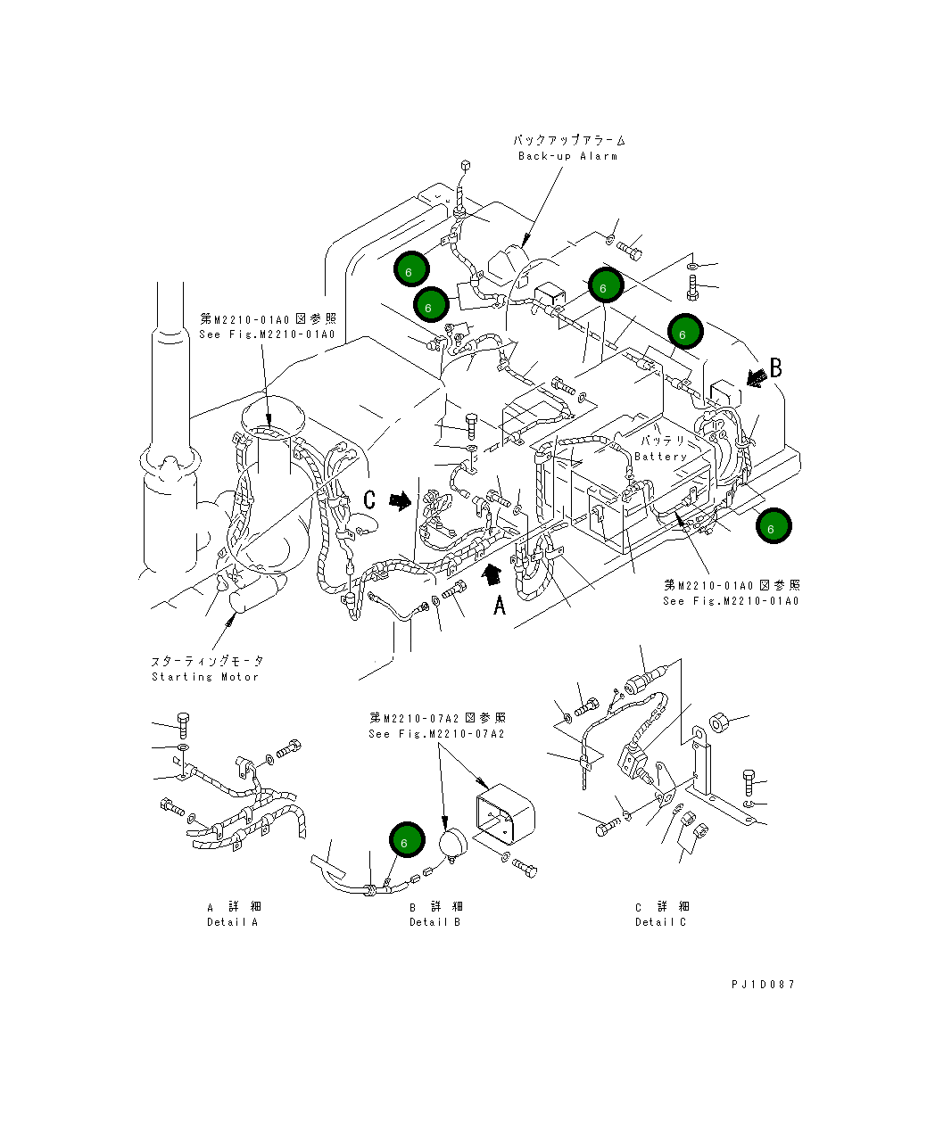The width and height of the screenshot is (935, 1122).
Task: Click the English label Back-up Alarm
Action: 567,156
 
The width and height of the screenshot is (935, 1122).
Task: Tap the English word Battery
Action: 660,457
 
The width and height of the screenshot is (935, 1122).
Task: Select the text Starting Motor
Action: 205,677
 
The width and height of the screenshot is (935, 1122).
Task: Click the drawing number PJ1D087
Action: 762,985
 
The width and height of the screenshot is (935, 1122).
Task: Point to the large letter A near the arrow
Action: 500,606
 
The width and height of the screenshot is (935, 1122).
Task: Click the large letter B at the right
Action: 776,367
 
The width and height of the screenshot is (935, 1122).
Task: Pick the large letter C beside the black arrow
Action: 369,500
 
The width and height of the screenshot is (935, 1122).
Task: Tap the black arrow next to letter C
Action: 401,501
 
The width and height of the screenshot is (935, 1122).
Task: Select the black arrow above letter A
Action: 489,575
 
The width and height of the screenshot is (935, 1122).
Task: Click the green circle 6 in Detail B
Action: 404,841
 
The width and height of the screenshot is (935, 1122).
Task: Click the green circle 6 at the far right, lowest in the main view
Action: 772,526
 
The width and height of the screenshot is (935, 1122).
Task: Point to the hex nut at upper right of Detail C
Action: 716,720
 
